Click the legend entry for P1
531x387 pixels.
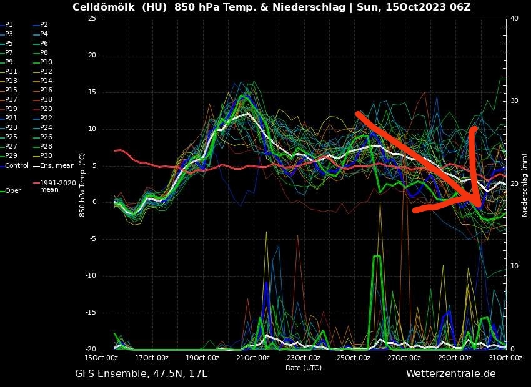[x=8, y=24]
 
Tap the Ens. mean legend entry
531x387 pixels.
[x=57, y=165]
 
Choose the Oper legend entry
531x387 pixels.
[x=12, y=190]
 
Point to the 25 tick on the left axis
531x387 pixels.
[x=92, y=18]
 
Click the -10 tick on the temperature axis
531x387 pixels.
[x=91, y=276]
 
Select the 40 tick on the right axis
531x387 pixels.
[x=514, y=18]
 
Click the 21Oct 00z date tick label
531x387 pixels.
[x=253, y=358]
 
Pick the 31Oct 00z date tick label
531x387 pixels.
[x=505, y=358]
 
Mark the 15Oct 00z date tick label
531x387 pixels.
[x=102, y=358]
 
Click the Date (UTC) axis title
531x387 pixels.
[x=304, y=368]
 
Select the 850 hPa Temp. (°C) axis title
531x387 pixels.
[x=82, y=184]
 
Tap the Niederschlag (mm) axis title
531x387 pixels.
[x=524, y=184]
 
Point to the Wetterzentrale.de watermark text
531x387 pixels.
[x=450, y=373]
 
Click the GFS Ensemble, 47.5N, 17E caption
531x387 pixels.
[x=141, y=373]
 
